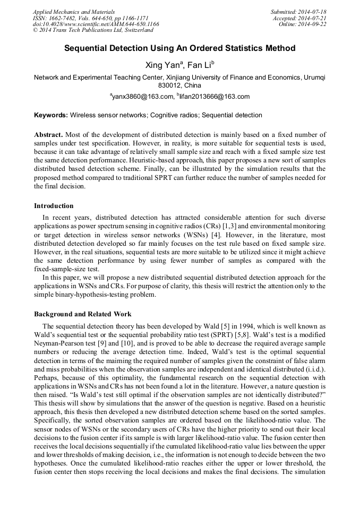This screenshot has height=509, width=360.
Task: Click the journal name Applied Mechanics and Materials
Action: point(74,11)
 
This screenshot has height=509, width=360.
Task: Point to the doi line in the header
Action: point(96,24)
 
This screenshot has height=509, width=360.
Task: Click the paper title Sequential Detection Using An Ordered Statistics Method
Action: point(180,48)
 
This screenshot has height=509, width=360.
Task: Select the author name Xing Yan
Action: point(162,65)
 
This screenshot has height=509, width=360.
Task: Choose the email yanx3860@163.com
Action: point(143,97)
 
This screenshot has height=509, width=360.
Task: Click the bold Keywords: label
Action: point(51,115)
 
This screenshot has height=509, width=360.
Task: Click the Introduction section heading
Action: point(54,206)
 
